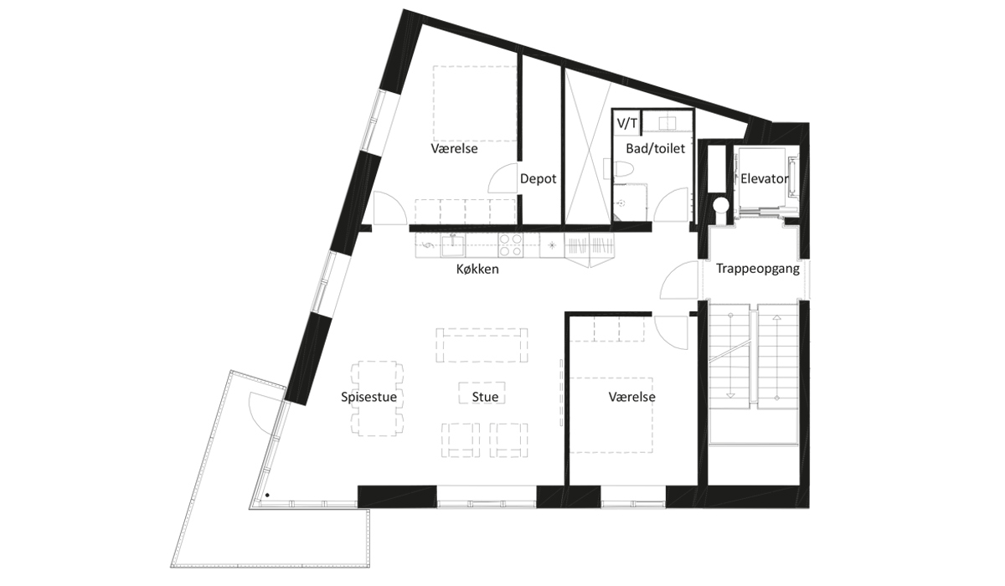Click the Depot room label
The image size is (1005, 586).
[538, 179]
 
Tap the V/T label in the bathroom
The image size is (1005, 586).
[626, 123]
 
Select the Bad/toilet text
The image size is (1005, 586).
[655, 148]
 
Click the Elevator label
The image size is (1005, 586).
[764, 179]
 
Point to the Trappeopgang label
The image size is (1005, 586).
[757, 269]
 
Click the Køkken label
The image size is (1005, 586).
[477, 269]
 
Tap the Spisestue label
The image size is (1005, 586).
[368, 397]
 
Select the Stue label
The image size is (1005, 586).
[485, 397]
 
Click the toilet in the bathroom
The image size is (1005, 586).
[623, 171]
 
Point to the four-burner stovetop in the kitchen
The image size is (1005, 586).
[511, 245]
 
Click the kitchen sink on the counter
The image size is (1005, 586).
[453, 245]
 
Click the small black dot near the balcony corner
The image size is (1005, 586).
[267, 495]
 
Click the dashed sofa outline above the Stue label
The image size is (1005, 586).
[482, 345]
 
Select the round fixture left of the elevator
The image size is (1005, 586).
[721, 205]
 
